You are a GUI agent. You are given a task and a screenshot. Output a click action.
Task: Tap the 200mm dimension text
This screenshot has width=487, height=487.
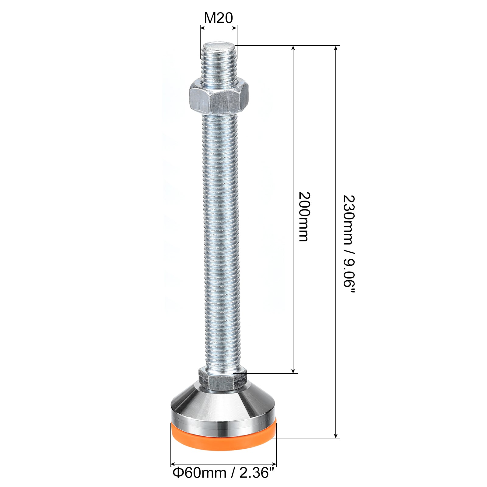(303, 217)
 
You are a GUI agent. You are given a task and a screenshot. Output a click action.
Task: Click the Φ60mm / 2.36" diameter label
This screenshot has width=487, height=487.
(223, 473)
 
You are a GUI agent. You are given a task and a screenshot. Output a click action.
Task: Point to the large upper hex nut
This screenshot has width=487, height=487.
(219, 97)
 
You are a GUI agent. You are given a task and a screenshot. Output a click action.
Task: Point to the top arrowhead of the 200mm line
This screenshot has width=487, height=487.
(293, 49)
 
